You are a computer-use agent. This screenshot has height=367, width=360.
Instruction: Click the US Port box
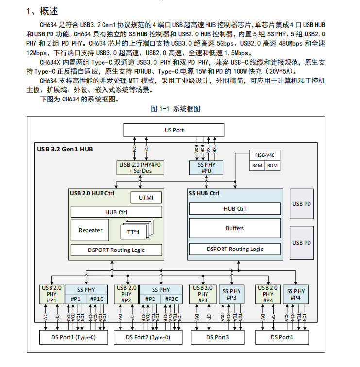tap(174, 130)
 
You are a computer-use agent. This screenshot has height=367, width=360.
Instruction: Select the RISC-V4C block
tap(265, 155)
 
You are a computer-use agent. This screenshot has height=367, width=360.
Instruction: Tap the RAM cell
tap(257, 166)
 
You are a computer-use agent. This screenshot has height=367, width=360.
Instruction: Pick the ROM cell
tap(273, 166)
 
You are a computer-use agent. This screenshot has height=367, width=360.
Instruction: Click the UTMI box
tap(146, 198)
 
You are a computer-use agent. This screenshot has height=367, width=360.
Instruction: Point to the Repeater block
tap(90, 230)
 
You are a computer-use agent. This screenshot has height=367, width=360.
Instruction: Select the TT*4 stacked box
tap(137, 230)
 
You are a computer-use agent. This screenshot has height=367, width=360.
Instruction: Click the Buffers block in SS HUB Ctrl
tap(235, 228)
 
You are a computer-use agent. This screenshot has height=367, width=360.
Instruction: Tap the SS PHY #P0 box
tap(206, 167)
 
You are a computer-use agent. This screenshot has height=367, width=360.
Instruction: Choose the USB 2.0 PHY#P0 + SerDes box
tap(140, 167)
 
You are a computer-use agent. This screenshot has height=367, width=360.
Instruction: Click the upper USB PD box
tap(302, 204)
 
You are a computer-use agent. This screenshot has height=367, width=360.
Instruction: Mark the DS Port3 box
tap(218, 337)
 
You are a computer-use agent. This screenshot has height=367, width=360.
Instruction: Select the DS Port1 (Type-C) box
tap(73, 337)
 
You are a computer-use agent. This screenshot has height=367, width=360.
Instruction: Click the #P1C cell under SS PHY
tap(97, 300)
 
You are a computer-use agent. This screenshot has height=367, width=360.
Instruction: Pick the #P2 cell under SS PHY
tap(150, 300)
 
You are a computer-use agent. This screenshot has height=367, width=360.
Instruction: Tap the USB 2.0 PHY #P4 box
tap(268, 294)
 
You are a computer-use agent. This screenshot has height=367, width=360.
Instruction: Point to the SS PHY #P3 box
tap(232, 294)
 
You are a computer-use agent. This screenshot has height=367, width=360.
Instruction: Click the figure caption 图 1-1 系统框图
tap(175, 109)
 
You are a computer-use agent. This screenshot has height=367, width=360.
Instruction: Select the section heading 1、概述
tap(42, 11)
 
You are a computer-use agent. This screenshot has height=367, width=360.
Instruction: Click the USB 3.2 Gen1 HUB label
tap(65, 149)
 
